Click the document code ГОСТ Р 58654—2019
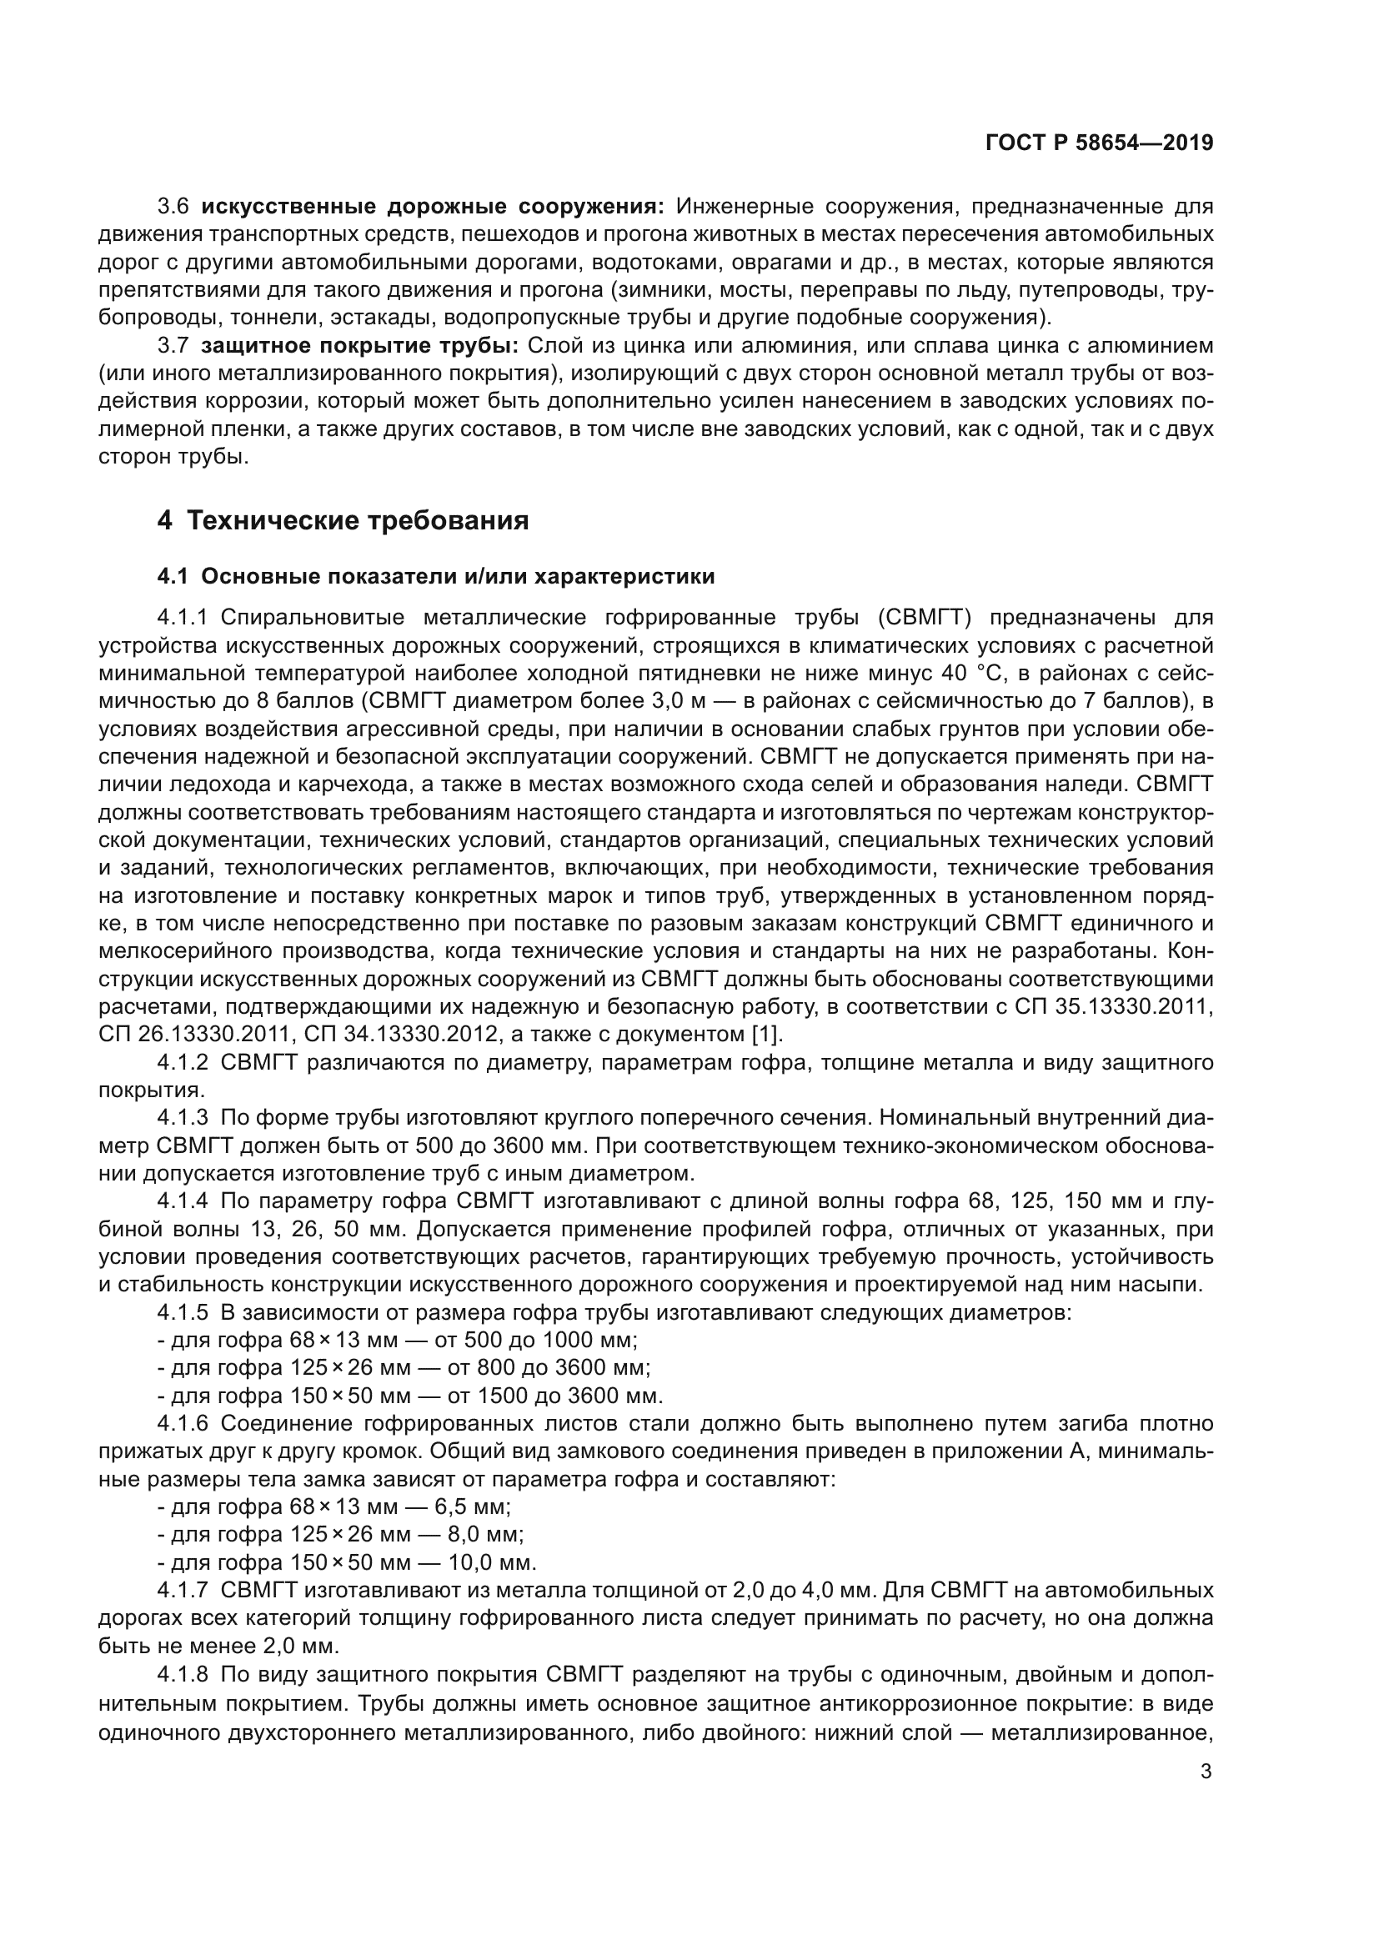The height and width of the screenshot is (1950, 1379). (1099, 143)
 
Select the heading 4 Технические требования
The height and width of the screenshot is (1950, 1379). (342, 520)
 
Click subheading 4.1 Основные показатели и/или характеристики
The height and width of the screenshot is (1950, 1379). (435, 577)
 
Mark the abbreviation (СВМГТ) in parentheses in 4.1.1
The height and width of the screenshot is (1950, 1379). (925, 617)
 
